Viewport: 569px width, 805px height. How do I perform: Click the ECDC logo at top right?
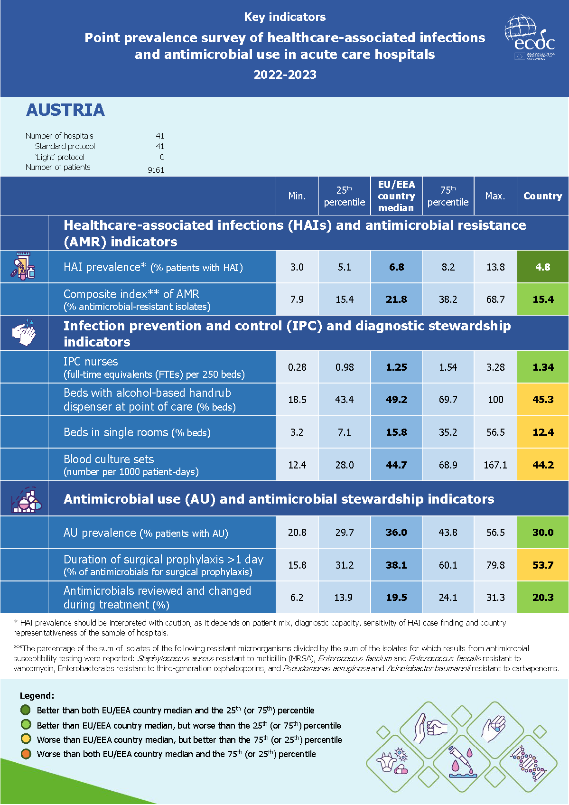point(529,38)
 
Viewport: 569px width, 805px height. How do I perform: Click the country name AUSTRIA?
point(65,110)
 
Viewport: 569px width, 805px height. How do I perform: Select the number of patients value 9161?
point(156,170)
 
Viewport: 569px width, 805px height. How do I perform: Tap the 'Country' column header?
point(542,196)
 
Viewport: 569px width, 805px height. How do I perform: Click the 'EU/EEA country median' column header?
point(396,196)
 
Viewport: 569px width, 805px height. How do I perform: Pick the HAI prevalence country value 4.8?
point(542,267)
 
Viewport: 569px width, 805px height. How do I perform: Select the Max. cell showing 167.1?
point(495,465)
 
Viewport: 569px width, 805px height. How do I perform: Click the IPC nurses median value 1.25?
point(396,367)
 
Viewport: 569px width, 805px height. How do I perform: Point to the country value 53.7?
point(542,565)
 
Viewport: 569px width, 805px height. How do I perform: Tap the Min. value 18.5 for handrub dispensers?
point(297,400)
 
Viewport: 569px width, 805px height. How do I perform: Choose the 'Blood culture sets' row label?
point(109,459)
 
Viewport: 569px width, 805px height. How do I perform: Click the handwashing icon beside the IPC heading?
point(24,333)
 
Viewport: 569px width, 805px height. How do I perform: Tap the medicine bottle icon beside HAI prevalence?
point(23,267)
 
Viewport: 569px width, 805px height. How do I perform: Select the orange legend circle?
point(26,754)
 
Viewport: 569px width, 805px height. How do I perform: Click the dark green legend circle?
point(26,710)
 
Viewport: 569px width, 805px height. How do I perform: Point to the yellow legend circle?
point(26,739)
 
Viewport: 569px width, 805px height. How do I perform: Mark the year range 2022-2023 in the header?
point(285,75)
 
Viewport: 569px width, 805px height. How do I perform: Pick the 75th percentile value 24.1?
point(448,598)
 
